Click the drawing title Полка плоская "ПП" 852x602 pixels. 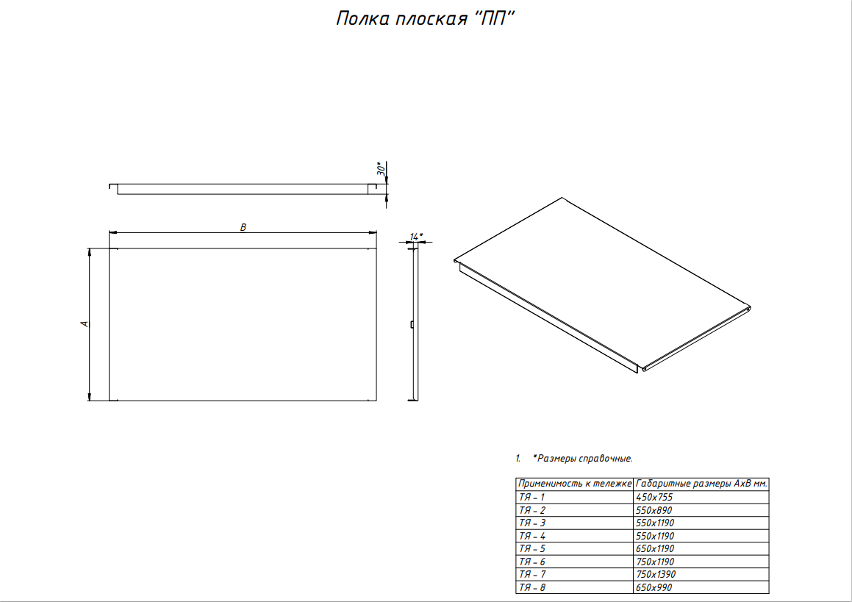pyautogui.click(x=425, y=18)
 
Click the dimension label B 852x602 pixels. pyautogui.click(x=243, y=227)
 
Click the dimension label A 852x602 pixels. pyautogui.click(x=85, y=324)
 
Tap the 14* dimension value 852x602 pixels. pyautogui.click(x=415, y=237)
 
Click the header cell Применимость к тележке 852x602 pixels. pyautogui.click(x=575, y=484)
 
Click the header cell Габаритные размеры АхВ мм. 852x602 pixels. pyautogui.click(x=701, y=484)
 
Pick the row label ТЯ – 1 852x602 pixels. pyautogui.click(x=531, y=497)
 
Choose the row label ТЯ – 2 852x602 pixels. pyautogui.click(x=532, y=510)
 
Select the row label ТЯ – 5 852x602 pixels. pyautogui.click(x=532, y=549)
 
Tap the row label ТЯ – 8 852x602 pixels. pyautogui.click(x=532, y=587)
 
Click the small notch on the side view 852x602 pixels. pyautogui.click(x=412, y=324)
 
